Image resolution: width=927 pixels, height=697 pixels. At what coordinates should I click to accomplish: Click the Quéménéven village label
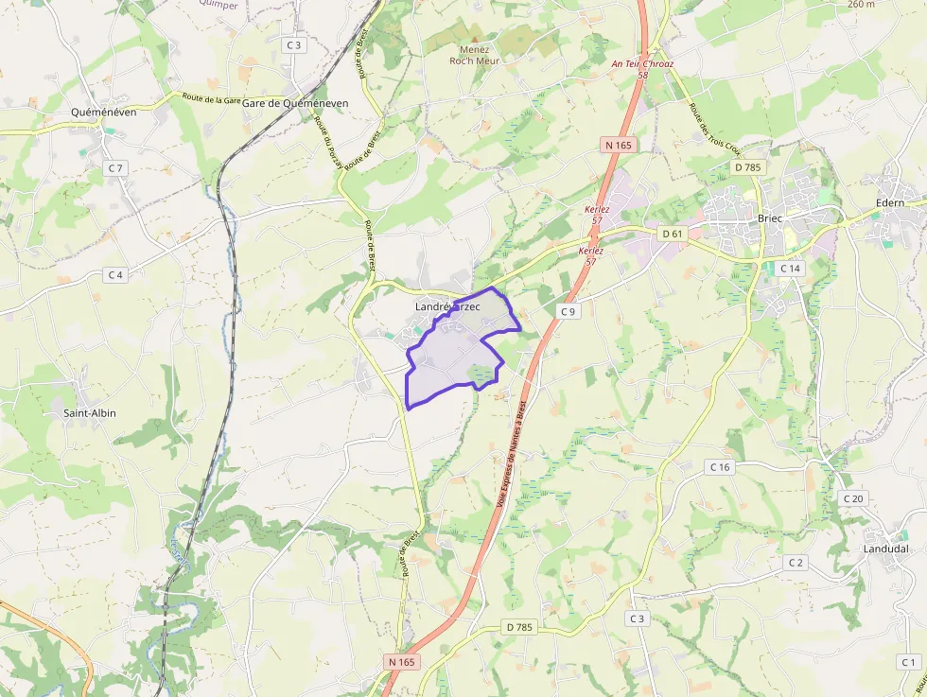coord(104,112)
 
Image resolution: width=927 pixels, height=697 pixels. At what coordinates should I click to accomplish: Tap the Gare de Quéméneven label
coord(295,103)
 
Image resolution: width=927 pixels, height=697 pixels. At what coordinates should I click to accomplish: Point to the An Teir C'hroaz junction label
coord(643,64)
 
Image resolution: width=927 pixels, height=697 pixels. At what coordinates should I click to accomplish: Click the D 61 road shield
coord(673,233)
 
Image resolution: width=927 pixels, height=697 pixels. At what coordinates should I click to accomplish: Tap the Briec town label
coord(771,218)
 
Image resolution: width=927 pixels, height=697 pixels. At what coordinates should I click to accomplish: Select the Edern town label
coord(889,202)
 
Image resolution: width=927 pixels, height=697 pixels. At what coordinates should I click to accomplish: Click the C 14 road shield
coord(789,269)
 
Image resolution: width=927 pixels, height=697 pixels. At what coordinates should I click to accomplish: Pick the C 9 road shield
coord(568,311)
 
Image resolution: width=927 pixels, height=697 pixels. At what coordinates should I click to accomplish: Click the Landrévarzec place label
coord(447,307)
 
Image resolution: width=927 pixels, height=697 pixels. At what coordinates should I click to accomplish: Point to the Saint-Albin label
coord(90,413)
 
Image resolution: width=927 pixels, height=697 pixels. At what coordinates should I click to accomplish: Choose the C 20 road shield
coord(852,498)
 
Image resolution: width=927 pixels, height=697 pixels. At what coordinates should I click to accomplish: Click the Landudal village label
coord(885,549)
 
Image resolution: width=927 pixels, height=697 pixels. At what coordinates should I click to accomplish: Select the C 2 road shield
coord(796,563)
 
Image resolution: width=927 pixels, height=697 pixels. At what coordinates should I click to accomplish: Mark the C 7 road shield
coord(115,167)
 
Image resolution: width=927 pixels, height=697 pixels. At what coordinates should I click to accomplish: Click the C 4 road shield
coord(115,275)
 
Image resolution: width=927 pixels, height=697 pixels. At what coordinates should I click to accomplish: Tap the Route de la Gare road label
coord(212,99)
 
